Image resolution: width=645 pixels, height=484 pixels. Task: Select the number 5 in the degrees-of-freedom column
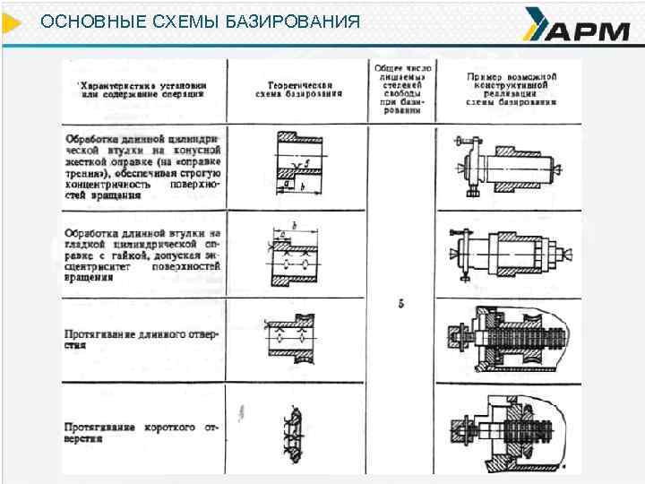coord(400,304)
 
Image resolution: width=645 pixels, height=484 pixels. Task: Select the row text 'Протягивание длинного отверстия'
coord(142,339)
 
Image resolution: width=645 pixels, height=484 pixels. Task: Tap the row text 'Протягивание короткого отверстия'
coord(142,434)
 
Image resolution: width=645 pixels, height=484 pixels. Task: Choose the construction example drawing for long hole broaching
coord(511,339)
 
